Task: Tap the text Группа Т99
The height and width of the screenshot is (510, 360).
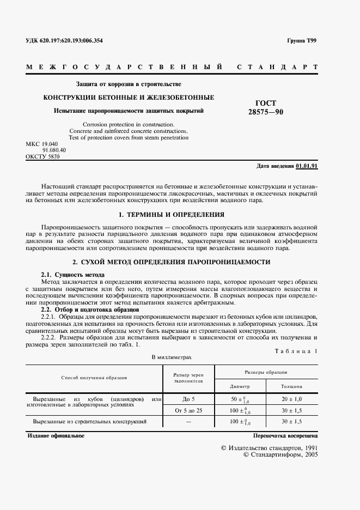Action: point(302,41)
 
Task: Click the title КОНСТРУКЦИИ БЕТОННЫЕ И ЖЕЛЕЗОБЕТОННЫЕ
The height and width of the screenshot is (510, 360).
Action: point(129,98)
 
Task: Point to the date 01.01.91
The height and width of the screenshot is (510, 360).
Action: point(307,165)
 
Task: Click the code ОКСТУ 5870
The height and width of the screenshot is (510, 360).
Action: point(42,156)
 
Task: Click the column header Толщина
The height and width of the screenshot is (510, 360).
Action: point(291,386)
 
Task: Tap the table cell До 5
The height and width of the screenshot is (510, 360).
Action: point(188,399)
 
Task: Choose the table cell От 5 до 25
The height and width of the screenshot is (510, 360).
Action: point(188,410)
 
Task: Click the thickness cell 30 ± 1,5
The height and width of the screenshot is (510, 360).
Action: point(291,422)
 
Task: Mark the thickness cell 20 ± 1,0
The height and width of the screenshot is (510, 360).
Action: point(291,399)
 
